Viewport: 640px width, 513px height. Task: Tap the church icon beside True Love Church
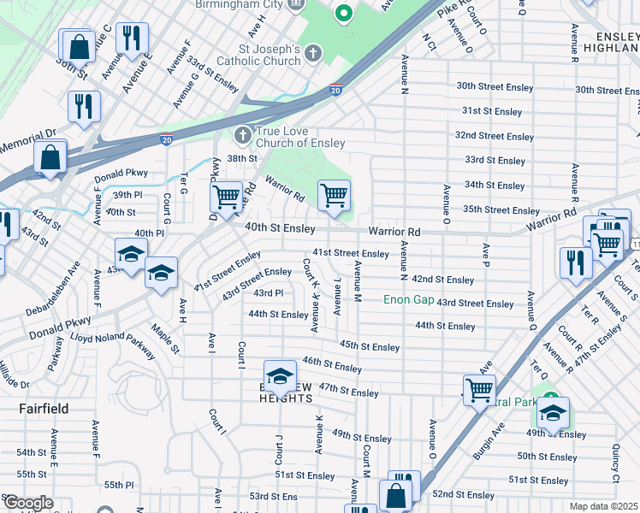243,134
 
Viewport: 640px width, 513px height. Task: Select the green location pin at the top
343,14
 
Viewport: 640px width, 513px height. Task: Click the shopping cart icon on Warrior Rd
334,195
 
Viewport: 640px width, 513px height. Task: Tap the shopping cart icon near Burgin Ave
479,390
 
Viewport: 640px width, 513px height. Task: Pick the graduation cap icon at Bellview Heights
280,376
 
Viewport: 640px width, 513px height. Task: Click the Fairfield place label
44,409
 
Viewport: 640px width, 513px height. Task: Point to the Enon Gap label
408,299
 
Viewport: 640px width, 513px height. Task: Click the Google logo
27,503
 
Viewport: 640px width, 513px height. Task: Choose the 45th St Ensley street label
370,346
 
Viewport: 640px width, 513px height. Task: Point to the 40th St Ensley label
281,227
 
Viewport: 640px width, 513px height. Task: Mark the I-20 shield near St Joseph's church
335,89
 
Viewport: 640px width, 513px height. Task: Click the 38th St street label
242,158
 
